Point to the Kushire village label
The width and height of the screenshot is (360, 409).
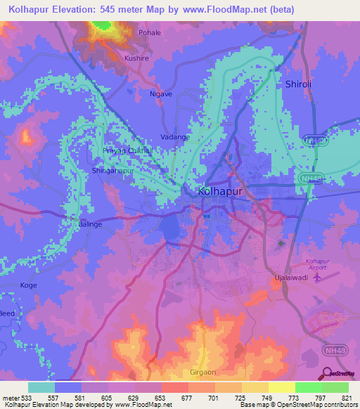pyautogui.click(x=136, y=59)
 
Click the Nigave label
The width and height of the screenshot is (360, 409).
pyautogui.click(x=161, y=93)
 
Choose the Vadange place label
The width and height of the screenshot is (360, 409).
pyautogui.click(x=175, y=137)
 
